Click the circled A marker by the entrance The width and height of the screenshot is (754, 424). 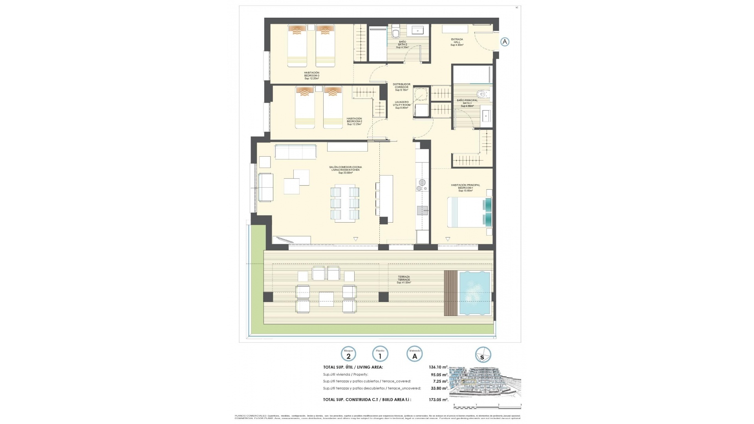(505, 42)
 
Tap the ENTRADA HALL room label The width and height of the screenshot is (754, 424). (457, 42)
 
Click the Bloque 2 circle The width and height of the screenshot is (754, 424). (348, 355)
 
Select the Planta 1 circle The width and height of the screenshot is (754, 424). (380, 355)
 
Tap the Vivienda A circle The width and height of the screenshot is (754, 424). (415, 355)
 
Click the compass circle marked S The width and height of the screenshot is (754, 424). (483, 355)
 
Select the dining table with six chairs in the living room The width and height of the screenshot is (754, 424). (345, 203)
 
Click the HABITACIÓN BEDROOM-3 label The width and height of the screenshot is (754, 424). (311, 75)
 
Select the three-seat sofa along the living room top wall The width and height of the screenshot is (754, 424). (295, 152)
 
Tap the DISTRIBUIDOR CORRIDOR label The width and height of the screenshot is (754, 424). (402, 87)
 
